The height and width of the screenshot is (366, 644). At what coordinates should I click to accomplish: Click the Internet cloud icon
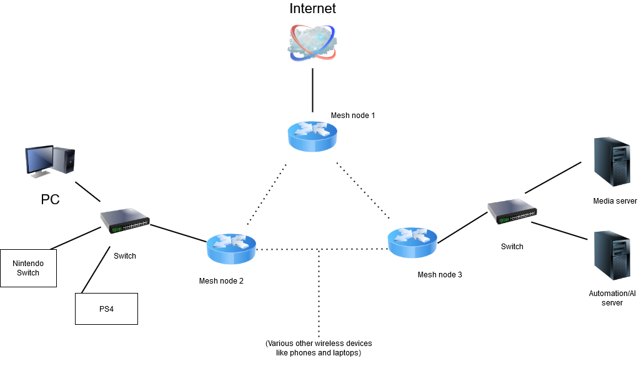(312, 42)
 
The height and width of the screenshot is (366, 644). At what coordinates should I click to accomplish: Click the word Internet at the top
(312, 9)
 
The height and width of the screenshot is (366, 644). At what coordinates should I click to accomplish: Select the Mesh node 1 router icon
(312, 135)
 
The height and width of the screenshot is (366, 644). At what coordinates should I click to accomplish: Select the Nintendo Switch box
(28, 268)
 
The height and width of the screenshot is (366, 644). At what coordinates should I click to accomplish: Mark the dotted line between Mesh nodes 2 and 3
(287, 249)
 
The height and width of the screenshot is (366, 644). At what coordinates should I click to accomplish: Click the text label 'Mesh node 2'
(221, 280)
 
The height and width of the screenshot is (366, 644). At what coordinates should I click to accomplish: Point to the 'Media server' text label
(615, 201)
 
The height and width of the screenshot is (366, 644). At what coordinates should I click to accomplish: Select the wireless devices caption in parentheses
(319, 348)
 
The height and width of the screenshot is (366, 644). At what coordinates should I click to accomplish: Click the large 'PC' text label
(51, 200)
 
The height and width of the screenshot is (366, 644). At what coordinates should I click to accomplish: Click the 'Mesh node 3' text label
(440, 274)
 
